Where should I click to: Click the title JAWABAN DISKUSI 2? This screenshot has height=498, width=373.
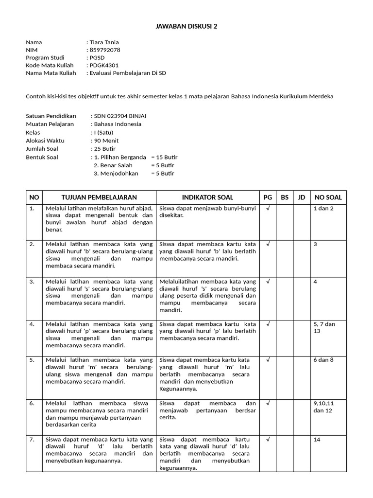click(x=186, y=26)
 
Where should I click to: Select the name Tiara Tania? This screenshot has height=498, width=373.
click(x=103, y=42)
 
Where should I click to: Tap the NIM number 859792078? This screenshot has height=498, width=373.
click(x=104, y=50)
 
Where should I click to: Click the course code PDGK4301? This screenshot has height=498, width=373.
click(x=103, y=65)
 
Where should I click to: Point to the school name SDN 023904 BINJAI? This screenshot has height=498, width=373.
click(x=120, y=116)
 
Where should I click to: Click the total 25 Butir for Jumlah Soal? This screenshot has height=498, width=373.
click(x=105, y=149)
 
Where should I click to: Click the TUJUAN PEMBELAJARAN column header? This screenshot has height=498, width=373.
click(x=99, y=197)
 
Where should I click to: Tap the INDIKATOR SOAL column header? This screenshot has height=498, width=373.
click(x=207, y=197)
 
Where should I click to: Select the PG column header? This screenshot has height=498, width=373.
click(x=268, y=197)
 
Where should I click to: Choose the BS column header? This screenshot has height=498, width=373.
click(x=285, y=197)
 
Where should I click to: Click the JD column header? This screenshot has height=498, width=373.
click(x=302, y=197)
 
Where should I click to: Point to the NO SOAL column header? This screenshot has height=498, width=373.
click(x=328, y=197)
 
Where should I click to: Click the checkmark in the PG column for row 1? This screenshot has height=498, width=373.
click(x=268, y=208)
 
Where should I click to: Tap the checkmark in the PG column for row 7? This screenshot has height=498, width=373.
click(x=268, y=439)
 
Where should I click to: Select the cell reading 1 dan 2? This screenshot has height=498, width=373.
click(x=324, y=208)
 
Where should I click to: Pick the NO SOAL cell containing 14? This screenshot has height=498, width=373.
click(x=317, y=440)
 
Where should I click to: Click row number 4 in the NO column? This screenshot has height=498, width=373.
click(x=32, y=324)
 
